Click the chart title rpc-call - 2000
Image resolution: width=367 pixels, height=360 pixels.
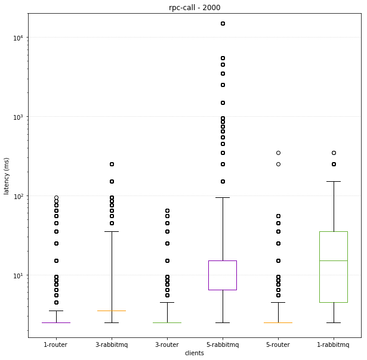click(x=194, y=7)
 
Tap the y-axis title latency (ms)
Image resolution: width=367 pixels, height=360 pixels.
click(x=7, y=176)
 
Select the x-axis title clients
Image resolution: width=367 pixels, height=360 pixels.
click(x=194, y=353)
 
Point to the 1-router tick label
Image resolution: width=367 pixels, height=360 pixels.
click(x=55, y=345)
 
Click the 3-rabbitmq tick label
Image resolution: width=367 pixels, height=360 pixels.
click(x=111, y=345)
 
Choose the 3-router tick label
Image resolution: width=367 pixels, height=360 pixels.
click(x=166, y=345)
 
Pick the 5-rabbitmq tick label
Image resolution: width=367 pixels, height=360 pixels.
click(x=222, y=345)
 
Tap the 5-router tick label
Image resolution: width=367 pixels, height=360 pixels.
click(x=277, y=345)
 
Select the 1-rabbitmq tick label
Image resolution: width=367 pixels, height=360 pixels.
click(x=333, y=345)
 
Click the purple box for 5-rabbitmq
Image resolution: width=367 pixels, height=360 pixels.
click(x=223, y=275)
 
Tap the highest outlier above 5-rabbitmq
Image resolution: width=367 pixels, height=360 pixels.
click(x=223, y=24)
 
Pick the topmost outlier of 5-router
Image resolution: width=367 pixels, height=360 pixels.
click(x=278, y=153)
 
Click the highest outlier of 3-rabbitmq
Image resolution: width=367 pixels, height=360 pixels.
click(x=112, y=164)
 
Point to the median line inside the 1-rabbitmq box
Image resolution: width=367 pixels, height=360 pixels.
click(x=334, y=260)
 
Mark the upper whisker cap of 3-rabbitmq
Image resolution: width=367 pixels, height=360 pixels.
click(x=112, y=231)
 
